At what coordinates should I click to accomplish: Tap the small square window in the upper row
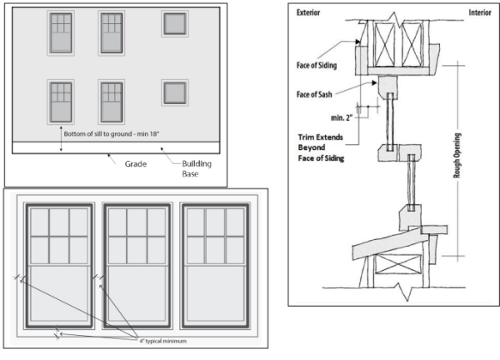tap(173, 23)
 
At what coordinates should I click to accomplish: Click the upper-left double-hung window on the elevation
tap(61, 32)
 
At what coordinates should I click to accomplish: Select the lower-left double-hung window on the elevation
tap(61, 101)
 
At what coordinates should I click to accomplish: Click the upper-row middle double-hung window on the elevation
tap(112, 32)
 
